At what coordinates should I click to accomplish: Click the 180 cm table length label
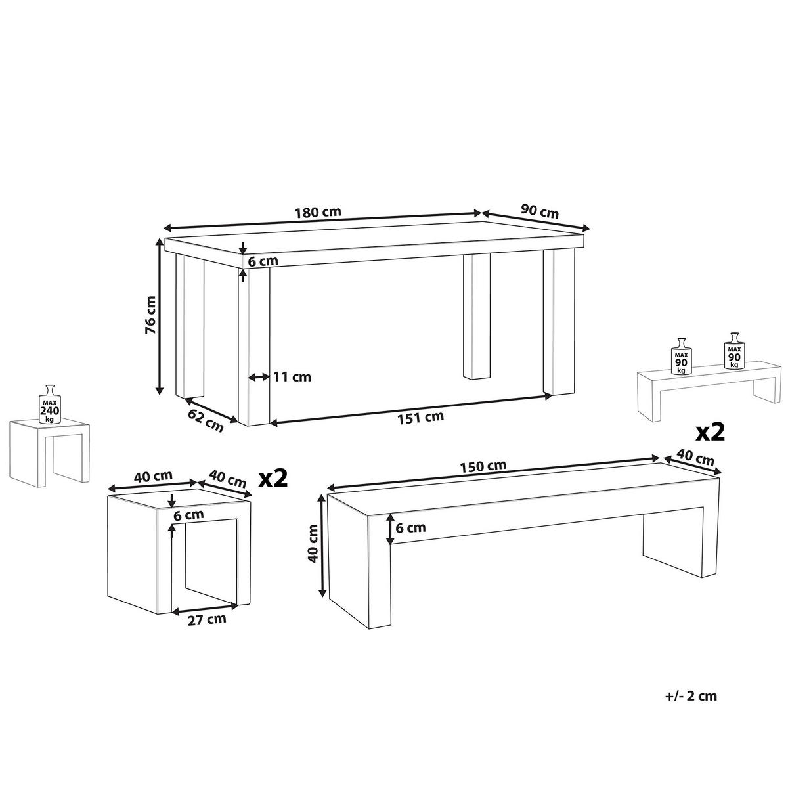[x=318, y=212]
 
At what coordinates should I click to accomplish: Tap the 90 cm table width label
[x=539, y=212]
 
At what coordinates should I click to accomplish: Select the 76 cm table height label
[x=150, y=315]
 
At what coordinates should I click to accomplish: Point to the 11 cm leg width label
[x=292, y=377]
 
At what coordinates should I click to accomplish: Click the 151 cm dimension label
[x=420, y=417]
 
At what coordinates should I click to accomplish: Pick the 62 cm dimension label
[x=206, y=420]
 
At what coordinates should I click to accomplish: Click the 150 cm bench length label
[x=483, y=466]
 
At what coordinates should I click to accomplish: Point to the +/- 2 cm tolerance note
[x=691, y=696]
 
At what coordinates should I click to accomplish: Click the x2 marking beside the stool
[x=274, y=479]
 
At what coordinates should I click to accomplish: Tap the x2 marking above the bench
[x=711, y=433]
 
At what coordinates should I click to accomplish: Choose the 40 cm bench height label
[x=314, y=544]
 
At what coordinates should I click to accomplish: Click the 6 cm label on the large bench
[x=410, y=528]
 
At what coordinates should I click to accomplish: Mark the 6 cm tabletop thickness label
[x=263, y=261]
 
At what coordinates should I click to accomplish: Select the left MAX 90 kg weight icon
[x=681, y=356]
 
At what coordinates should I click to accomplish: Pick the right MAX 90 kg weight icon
[x=734, y=351]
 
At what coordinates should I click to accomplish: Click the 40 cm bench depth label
[x=695, y=458]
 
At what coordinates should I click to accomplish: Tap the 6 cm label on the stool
[x=188, y=515]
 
